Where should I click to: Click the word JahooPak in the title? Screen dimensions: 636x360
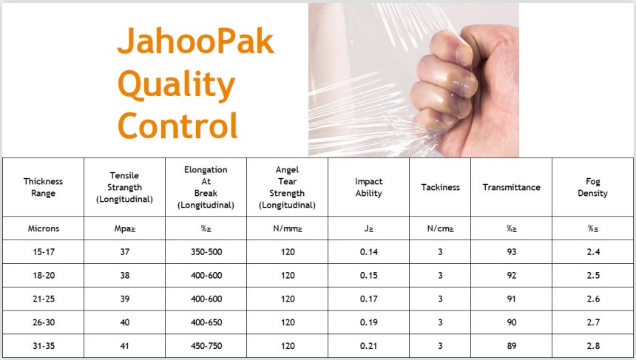point(195,41)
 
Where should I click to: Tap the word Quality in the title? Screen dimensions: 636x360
point(177,85)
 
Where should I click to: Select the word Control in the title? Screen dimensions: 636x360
point(177,125)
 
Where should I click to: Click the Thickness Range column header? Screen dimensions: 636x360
point(43,187)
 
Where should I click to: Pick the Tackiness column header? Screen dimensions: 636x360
point(440,187)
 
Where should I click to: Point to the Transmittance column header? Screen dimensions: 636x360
point(511,187)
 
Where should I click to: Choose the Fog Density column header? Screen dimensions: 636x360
point(592,187)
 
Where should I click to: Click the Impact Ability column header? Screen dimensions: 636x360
point(368,187)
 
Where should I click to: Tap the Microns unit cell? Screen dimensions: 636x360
point(44,228)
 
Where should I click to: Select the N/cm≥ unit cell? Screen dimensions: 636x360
point(440,228)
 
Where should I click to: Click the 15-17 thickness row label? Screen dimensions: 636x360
point(44,252)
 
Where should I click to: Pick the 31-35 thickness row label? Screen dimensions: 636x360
point(44,346)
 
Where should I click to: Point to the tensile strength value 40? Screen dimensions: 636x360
point(124,322)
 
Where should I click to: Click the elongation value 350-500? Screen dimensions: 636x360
point(206,252)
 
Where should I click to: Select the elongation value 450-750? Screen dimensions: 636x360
point(206,346)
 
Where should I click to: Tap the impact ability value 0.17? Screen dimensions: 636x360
point(368,299)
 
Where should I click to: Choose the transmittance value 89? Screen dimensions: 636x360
point(511,346)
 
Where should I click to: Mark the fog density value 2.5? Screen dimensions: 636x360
point(592,275)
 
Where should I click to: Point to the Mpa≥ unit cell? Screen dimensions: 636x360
point(124,228)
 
